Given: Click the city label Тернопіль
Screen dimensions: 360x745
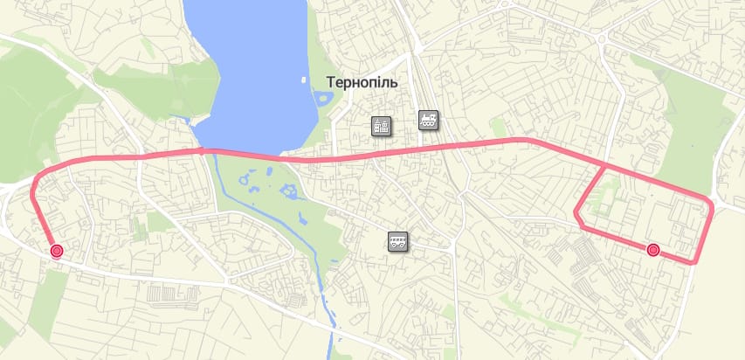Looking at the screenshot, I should pos(362,83).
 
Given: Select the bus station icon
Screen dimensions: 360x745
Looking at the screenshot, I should pos(398,241).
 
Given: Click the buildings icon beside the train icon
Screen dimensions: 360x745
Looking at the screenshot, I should pos(382,127).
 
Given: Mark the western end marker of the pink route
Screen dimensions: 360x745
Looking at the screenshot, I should pos(57,252).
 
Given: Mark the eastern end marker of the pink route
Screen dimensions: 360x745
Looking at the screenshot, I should pos(652,251).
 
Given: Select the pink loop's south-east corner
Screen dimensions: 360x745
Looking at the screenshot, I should pos(695,261).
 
